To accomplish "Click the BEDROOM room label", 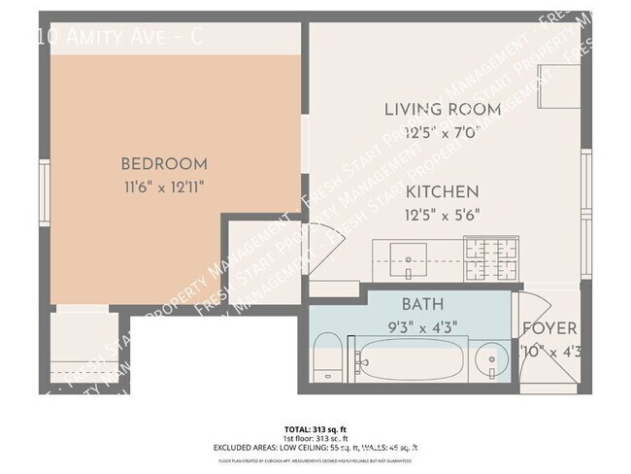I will [163, 163].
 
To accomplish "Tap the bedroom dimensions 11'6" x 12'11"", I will [163, 185].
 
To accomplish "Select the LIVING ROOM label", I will [442, 110].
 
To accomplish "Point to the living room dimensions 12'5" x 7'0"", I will [442, 131].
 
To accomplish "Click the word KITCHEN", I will [442, 192].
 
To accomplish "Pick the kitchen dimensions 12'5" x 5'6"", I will [442, 214].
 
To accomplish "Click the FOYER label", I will [549, 328].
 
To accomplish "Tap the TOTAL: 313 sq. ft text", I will [315, 427].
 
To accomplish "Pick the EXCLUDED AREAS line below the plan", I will [315, 447].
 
